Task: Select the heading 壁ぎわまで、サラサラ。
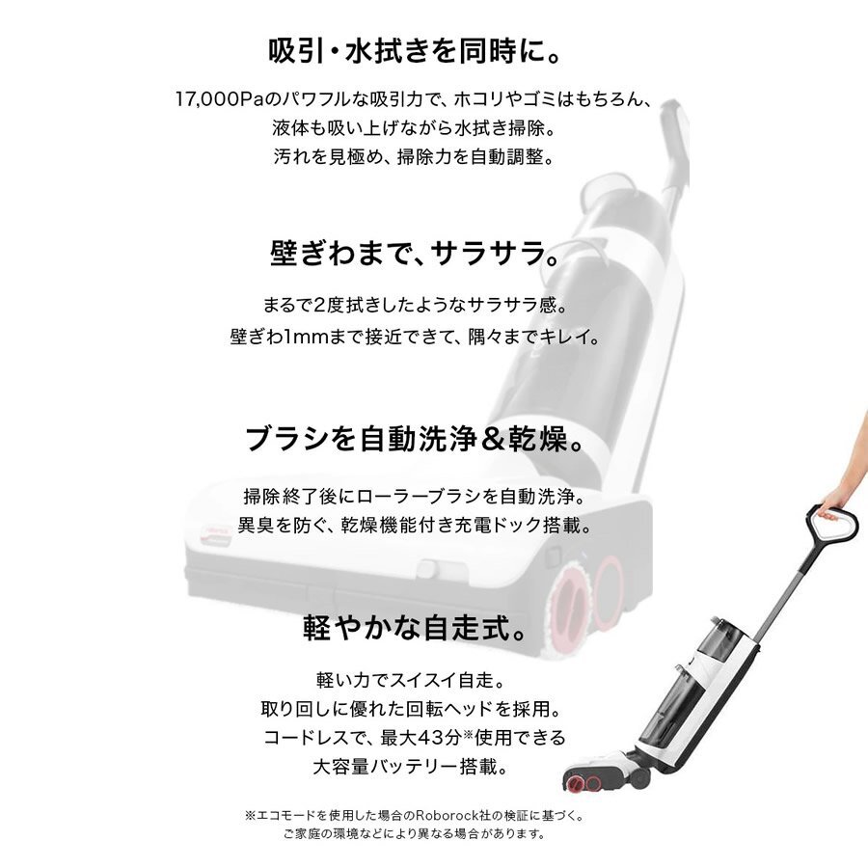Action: click(x=414, y=256)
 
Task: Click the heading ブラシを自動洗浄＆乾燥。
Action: click(x=414, y=442)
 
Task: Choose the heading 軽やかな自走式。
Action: click(x=414, y=629)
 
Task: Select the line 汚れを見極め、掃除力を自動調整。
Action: click(x=414, y=156)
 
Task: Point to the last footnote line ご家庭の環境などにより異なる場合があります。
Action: click(x=414, y=834)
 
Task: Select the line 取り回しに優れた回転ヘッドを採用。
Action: click(x=414, y=710)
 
